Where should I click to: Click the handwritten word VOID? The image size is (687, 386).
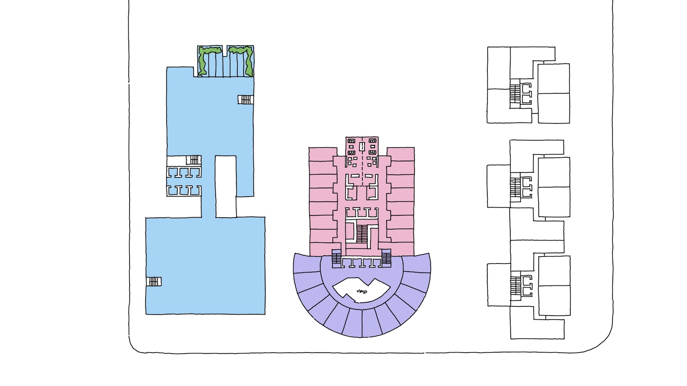click(x=362, y=291)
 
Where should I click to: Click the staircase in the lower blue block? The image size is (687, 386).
click(x=154, y=282)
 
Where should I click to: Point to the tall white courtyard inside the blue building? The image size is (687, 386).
click(x=225, y=186)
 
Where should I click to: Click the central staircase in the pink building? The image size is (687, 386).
click(x=362, y=234)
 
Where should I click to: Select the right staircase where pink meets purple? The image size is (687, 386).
click(x=387, y=258)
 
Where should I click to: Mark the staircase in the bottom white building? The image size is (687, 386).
click(x=516, y=286)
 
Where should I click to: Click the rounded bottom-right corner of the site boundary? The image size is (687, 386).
click(x=601, y=342)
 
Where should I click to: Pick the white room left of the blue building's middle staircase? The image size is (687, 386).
click(x=177, y=160)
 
